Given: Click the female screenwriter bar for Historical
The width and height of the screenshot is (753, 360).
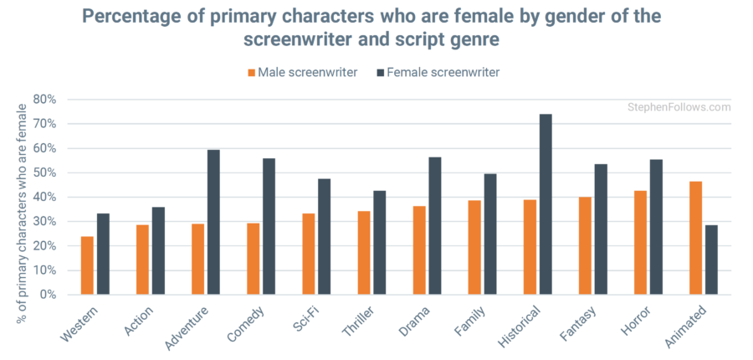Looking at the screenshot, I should (546, 204).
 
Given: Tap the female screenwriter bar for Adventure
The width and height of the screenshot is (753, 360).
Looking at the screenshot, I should (213, 222).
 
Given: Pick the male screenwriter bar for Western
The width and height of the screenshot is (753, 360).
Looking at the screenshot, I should (87, 265).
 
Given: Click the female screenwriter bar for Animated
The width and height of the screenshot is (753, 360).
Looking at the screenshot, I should (711, 260).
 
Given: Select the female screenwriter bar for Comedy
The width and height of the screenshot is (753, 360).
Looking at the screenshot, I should (269, 226).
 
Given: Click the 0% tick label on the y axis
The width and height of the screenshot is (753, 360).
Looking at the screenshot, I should (48, 295).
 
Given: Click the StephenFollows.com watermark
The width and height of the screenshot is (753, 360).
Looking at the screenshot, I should (679, 107).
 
